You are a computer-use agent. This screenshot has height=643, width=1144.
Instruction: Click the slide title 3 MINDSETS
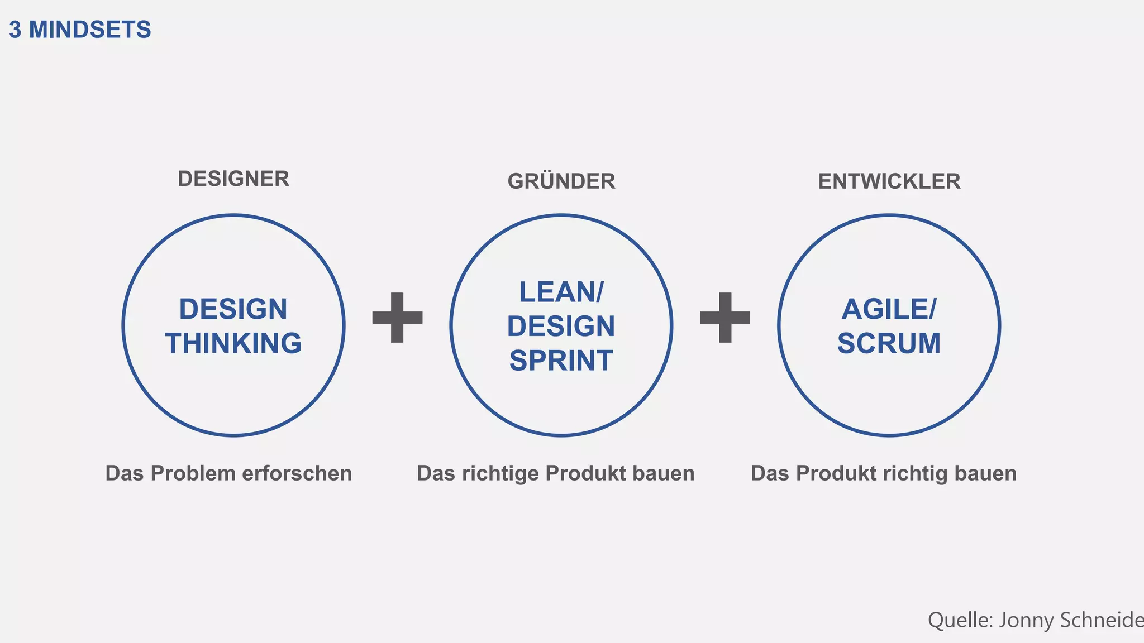[80, 30]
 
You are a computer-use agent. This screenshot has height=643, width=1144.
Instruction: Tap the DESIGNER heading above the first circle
[233, 179]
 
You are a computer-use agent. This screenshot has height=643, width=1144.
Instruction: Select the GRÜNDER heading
[561, 181]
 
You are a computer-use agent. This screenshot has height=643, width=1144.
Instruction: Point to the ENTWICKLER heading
[889, 181]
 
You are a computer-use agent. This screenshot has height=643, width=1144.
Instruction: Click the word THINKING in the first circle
[233, 343]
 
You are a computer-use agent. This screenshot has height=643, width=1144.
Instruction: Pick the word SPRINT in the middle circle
[561, 361]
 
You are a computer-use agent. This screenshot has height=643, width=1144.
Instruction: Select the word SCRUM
[889, 343]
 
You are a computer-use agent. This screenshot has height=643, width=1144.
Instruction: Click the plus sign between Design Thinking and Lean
[397, 318]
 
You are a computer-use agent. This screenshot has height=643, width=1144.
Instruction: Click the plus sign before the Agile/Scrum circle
[725, 318]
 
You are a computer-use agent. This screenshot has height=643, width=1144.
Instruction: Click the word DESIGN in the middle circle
[561, 327]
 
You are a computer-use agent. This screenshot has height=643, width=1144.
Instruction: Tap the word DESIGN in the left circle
[233, 309]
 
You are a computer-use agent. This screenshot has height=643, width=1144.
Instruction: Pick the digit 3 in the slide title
[15, 30]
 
